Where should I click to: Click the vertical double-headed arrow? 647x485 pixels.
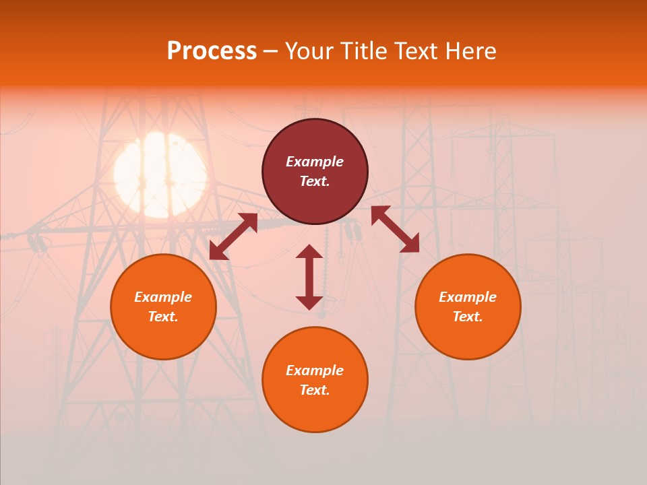tap(309, 277)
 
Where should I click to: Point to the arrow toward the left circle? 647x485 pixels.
tap(233, 236)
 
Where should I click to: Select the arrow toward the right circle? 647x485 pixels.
tap(395, 229)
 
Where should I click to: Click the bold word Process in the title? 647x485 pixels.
tap(212, 51)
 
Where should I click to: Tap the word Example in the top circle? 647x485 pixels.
tap(315, 162)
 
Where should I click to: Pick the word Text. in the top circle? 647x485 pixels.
tap(315, 181)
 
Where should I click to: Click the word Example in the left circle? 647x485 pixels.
tap(163, 297)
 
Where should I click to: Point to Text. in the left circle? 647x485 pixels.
tap(163, 317)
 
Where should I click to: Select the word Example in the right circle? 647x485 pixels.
tap(468, 297)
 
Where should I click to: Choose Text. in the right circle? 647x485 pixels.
tap(468, 317)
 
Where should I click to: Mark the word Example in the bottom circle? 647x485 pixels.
tap(315, 370)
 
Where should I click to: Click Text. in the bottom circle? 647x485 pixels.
tap(315, 390)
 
